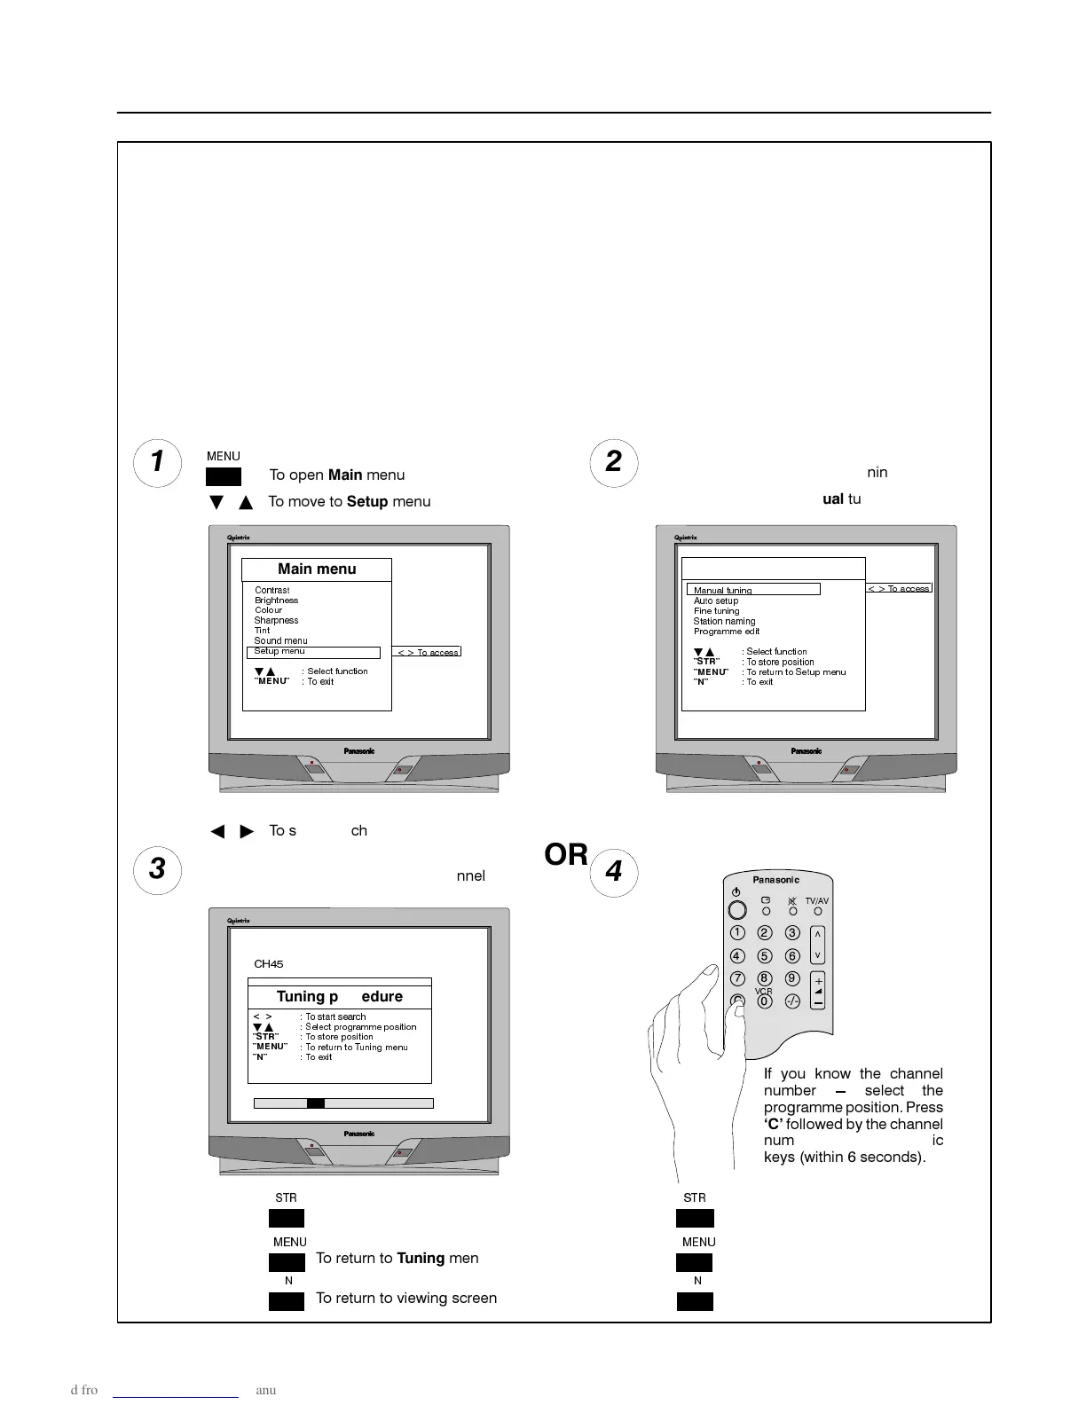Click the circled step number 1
click(157, 462)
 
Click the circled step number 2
click(614, 462)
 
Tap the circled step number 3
click(157, 869)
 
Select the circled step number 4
click(614, 872)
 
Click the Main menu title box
click(317, 569)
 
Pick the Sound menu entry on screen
click(280, 640)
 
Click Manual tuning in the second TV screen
click(723, 590)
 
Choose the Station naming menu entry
click(724, 621)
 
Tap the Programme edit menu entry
click(727, 632)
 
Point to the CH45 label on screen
click(269, 964)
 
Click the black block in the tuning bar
click(316, 1103)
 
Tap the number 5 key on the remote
click(765, 956)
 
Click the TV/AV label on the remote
click(817, 900)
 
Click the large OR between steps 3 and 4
click(566, 855)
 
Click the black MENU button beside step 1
click(224, 477)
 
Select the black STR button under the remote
click(695, 1219)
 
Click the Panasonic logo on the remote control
click(776, 880)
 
